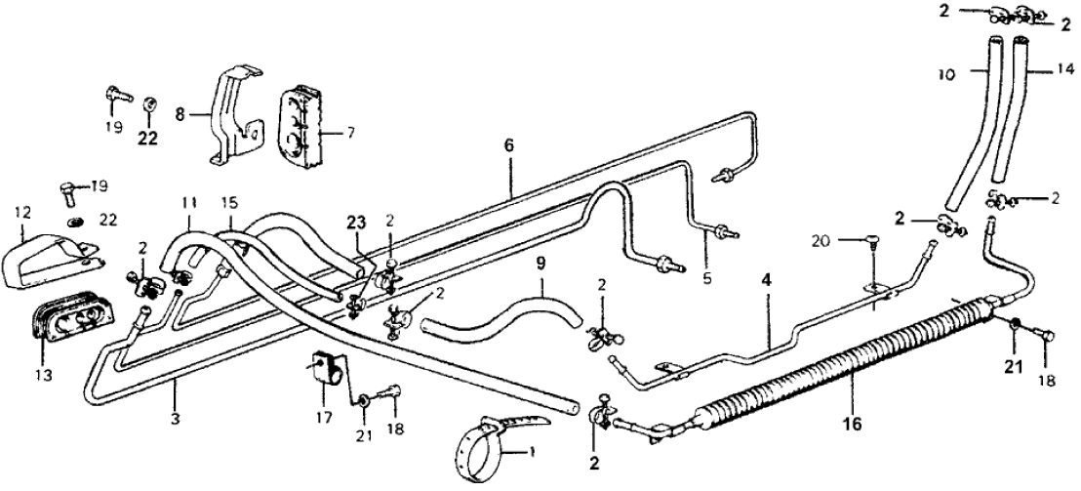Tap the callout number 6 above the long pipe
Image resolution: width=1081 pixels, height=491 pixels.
tap(508, 145)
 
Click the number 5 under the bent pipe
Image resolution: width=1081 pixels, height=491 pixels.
tap(708, 278)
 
